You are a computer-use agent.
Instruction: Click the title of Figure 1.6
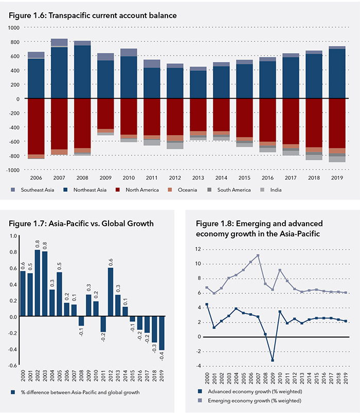pyautogui.click(x=93, y=15)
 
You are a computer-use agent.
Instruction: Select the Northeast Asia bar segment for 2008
pyautogui.click(x=82, y=72)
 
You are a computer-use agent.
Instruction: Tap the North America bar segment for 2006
pyautogui.click(x=35, y=126)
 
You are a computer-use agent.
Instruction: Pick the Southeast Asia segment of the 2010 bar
pyautogui.click(x=129, y=52)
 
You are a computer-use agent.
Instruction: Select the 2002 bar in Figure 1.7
pyautogui.click(x=38, y=283)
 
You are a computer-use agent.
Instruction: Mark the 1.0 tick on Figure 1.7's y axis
pyautogui.click(x=13, y=236)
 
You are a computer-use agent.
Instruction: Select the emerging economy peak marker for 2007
pyautogui.click(x=257, y=255)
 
